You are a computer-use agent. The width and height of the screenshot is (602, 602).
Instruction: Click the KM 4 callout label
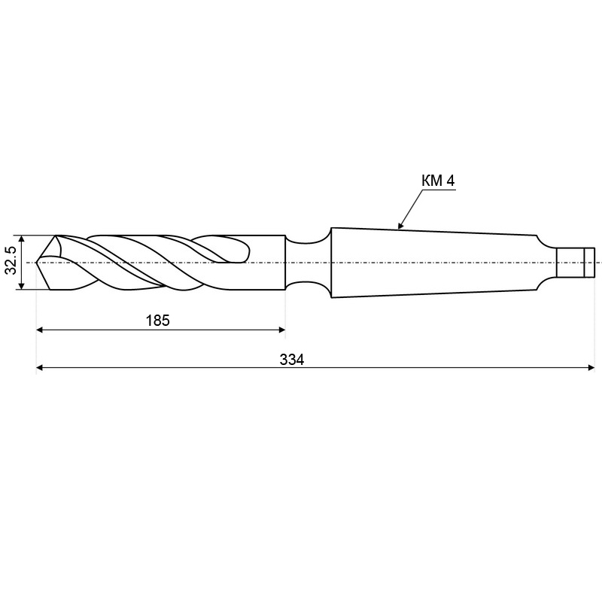click(438, 181)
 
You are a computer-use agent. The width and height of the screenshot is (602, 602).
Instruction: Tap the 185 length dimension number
click(158, 321)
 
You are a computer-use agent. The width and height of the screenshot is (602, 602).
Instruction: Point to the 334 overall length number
click(292, 360)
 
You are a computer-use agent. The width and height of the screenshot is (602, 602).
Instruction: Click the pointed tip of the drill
click(36, 263)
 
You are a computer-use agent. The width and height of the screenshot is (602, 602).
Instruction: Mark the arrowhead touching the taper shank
click(401, 225)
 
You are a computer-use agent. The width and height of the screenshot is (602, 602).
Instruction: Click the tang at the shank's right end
click(575, 263)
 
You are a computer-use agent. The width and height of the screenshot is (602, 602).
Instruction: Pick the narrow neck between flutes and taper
click(308, 263)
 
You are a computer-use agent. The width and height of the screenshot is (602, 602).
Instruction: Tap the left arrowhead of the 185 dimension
click(39, 330)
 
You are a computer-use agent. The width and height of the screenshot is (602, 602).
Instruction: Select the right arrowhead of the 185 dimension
click(281, 330)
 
